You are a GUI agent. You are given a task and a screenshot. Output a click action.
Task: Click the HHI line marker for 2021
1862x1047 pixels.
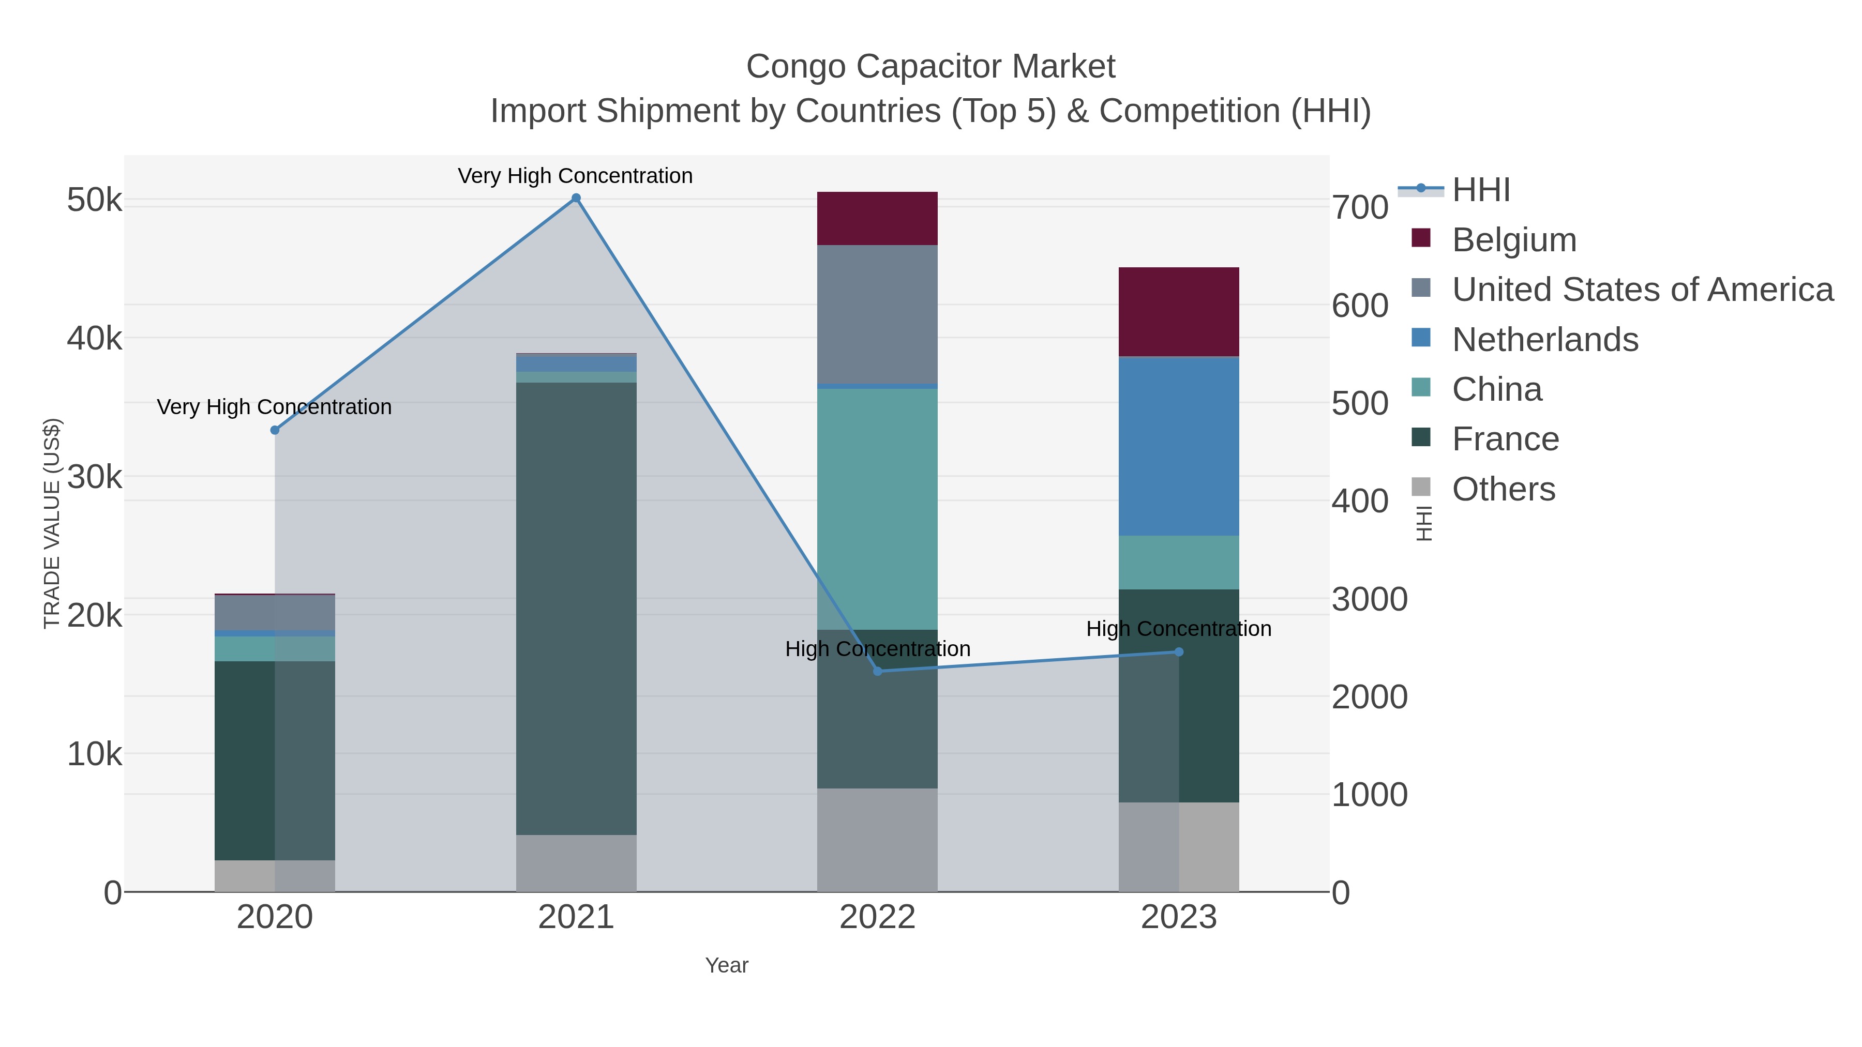point(576,198)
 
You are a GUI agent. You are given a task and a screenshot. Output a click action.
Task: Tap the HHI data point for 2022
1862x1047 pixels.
point(878,671)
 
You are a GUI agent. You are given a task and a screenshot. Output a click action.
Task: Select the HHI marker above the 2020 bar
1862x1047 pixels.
point(275,430)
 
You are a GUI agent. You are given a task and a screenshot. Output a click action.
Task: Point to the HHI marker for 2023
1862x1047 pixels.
point(1179,652)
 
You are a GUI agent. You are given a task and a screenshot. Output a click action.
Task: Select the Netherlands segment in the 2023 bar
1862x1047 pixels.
point(1178,446)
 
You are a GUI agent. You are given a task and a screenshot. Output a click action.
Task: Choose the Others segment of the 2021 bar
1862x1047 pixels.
point(576,863)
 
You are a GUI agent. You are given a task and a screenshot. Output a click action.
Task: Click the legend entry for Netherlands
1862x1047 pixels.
point(1544,340)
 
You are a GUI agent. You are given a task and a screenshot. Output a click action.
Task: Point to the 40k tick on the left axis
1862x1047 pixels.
point(95,338)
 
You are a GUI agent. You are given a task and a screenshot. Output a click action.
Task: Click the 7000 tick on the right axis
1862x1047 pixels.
point(1360,207)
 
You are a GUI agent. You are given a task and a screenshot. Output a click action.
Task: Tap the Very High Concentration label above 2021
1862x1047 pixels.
point(575,176)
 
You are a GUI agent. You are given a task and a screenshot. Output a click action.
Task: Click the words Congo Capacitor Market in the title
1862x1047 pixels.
point(930,67)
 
